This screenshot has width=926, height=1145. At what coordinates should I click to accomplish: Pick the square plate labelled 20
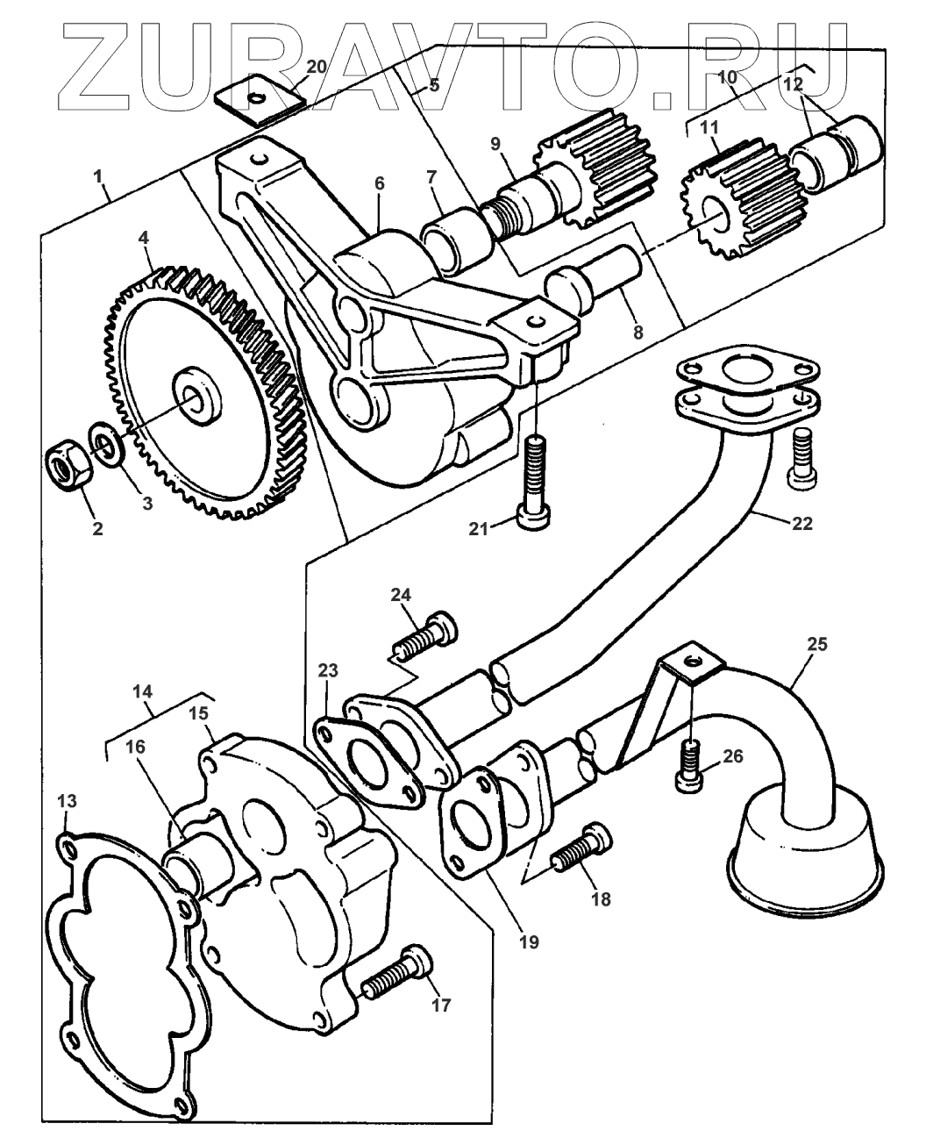click(260, 103)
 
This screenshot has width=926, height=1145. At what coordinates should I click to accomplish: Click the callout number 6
click(379, 183)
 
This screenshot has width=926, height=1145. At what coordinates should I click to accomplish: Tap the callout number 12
click(793, 85)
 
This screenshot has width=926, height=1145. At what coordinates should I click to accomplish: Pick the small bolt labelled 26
click(689, 761)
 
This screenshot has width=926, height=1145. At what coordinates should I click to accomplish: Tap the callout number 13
click(67, 800)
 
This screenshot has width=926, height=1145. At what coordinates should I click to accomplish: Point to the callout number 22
click(801, 525)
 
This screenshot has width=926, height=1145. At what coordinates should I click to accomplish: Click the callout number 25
click(816, 643)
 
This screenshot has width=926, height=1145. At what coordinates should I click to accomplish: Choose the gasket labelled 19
click(474, 821)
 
